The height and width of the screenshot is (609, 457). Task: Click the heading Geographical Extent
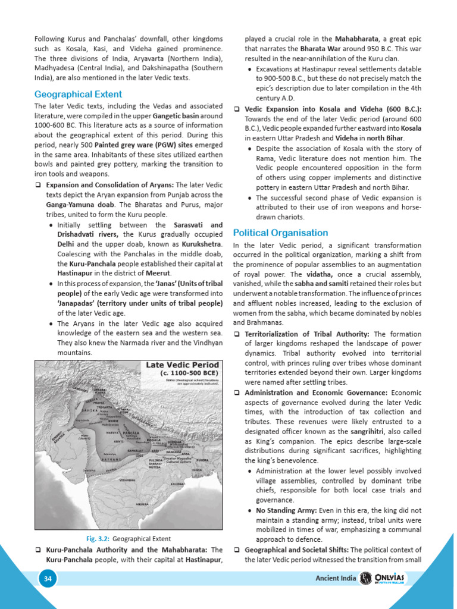point(78,94)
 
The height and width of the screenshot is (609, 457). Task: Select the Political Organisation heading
point(280,233)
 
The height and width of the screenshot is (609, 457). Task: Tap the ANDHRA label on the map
point(142,504)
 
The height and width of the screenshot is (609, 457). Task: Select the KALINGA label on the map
point(177,484)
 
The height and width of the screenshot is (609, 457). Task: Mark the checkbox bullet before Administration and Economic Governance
point(237,393)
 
